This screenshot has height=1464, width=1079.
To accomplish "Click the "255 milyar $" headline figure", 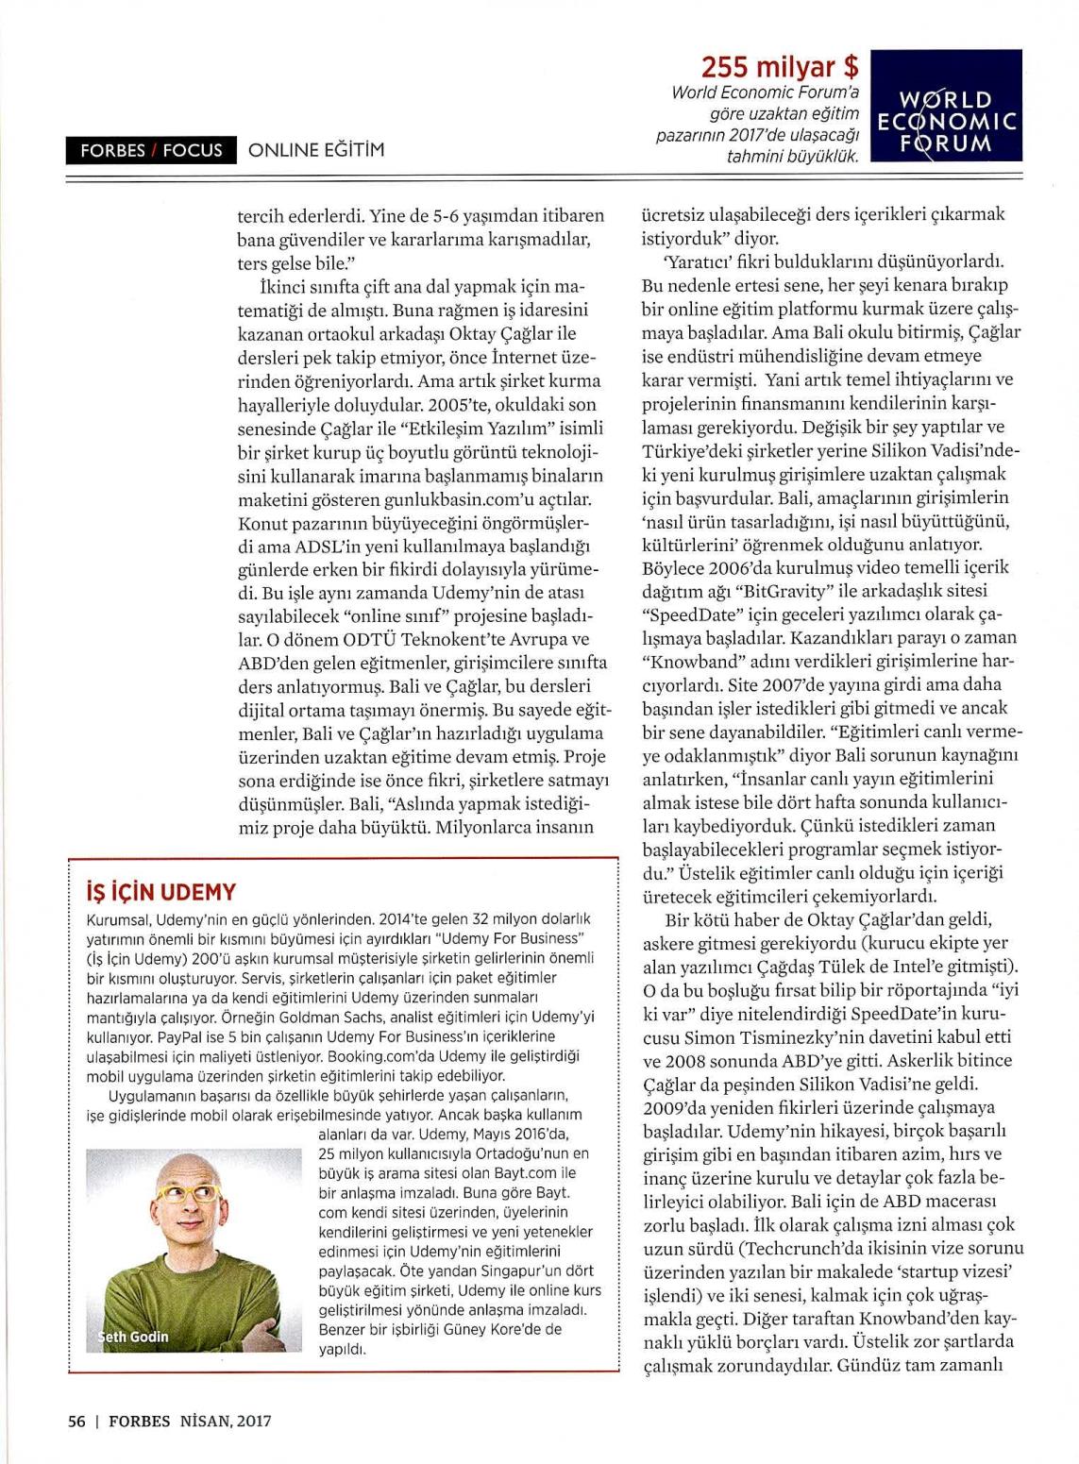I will pos(780,67).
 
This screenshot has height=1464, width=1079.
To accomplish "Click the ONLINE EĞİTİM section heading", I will pos(316,149).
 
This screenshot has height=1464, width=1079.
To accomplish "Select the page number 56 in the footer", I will pos(76,1420).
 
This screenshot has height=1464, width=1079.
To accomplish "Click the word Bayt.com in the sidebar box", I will pos(521,1172).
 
